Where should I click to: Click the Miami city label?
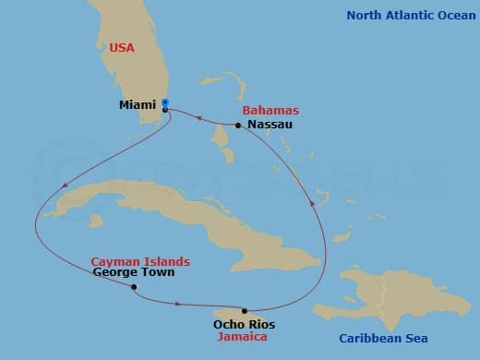tap(137, 104)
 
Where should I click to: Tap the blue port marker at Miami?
tap(165, 102)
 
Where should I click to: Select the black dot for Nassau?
tap(238, 126)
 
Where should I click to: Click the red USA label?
tap(122, 47)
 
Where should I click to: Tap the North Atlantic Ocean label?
tap(409, 15)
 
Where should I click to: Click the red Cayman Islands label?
tap(140, 261)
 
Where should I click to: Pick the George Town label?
tap(134, 273)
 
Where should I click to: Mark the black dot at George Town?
tap(134, 287)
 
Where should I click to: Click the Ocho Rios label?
tap(244, 324)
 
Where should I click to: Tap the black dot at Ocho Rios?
tap(245, 311)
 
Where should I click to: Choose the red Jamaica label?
tap(243, 337)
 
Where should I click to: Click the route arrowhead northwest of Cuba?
tap(63, 187)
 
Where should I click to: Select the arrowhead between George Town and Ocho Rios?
tap(177, 303)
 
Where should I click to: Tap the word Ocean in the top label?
tap(450, 15)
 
